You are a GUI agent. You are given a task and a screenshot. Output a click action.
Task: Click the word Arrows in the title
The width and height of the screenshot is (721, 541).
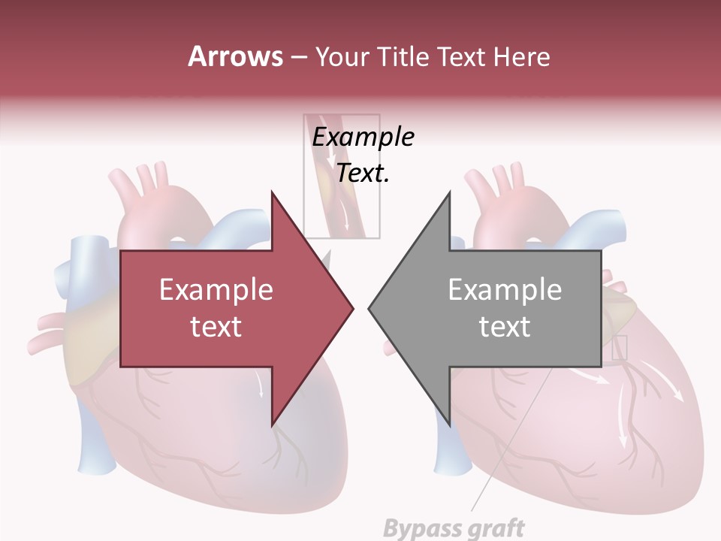click(235, 56)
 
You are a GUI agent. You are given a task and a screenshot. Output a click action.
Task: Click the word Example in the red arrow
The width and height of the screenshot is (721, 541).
click(216, 290)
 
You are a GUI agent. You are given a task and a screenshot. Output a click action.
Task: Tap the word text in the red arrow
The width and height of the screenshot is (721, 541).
click(216, 327)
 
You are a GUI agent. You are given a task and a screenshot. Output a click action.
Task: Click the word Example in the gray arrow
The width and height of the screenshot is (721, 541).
click(505, 290)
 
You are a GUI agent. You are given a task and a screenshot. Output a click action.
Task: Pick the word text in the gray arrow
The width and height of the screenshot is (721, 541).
click(505, 327)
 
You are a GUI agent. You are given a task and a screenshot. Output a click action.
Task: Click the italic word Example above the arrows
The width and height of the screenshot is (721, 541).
click(364, 138)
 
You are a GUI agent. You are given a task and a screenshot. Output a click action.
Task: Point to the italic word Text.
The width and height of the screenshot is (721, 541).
click(364, 174)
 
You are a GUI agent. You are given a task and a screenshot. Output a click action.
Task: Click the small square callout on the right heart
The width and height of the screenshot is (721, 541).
click(619, 348)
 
